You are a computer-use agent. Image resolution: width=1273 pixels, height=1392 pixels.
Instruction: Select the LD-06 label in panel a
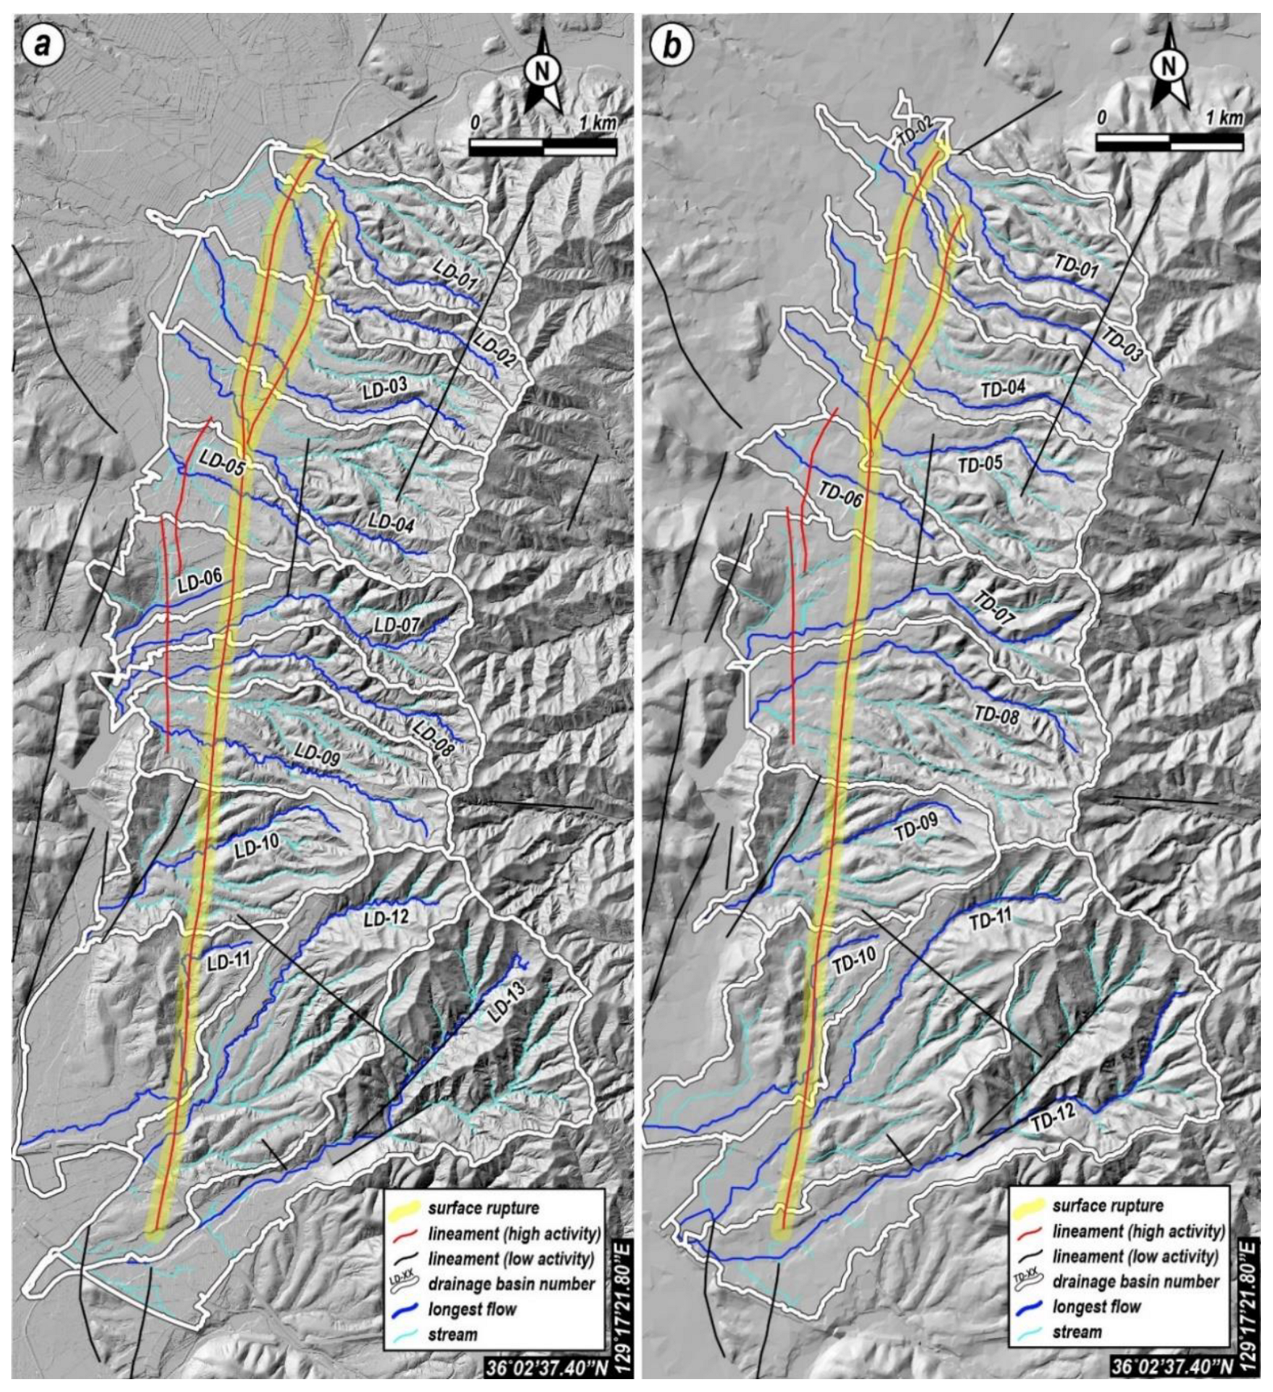pyautogui.click(x=199, y=581)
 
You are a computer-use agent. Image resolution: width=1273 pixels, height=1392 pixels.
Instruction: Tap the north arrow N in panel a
pyautogui.click(x=542, y=70)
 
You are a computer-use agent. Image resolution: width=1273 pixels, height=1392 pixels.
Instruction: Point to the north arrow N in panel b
pyautogui.click(x=1168, y=65)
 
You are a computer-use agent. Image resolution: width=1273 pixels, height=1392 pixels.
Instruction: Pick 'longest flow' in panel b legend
pyautogui.click(x=1096, y=1306)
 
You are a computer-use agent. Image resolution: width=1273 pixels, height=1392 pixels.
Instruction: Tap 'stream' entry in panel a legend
pyautogui.click(x=453, y=1333)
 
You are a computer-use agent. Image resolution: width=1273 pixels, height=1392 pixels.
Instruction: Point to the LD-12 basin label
pyautogui.click(x=385, y=917)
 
